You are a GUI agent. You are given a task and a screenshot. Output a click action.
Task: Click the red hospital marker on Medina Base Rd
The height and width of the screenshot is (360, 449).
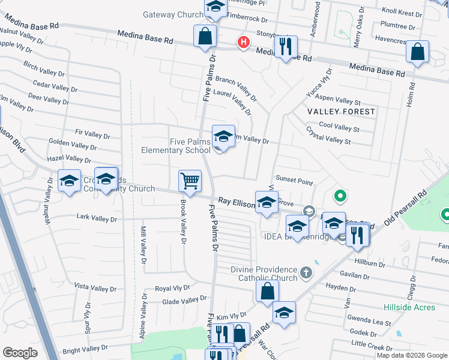pyautogui.click(x=243, y=43)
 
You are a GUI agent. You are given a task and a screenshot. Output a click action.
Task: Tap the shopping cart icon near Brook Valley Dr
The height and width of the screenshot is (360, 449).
pyautogui.click(x=190, y=180)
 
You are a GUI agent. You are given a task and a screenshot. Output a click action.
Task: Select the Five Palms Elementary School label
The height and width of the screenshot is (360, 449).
pyautogui.click(x=175, y=146)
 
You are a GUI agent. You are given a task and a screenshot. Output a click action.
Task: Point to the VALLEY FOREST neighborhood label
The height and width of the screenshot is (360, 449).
pyautogui.click(x=341, y=112)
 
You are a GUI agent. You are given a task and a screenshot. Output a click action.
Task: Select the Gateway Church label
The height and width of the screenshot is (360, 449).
pyautogui.click(x=173, y=14)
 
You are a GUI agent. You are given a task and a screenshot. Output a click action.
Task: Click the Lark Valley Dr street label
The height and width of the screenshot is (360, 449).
pyautogui.click(x=97, y=219)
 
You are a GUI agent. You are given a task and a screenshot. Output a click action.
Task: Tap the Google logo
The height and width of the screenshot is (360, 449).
pyautogui.click(x=20, y=353)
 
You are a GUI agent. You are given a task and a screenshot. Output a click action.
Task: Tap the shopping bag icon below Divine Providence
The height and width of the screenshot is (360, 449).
pyautogui.click(x=268, y=291)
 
